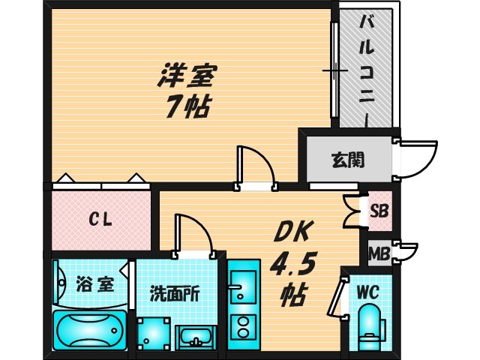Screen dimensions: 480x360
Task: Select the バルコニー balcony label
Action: pos(364,67)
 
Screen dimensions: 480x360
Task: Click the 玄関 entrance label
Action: pos(347,160)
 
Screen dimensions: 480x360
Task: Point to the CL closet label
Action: pos(100,220)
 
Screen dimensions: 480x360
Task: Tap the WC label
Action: pos(368,292)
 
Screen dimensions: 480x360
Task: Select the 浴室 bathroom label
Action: pos(94,285)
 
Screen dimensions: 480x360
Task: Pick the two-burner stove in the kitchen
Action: pos(242,328)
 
